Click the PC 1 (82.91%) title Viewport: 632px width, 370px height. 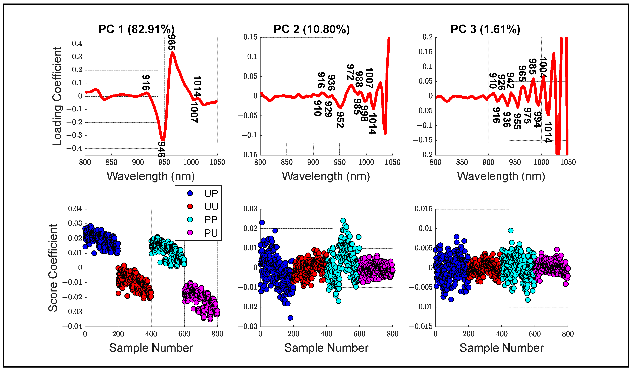pos(136,29)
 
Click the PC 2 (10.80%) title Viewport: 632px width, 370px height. pos(311,29)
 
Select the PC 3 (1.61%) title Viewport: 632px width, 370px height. pos(485,29)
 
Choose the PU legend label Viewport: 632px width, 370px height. pos(211,233)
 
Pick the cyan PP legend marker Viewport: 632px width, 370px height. pos(190,220)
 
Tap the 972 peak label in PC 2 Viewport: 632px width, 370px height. pos(350,72)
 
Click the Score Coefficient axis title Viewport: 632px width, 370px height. pos(53,268)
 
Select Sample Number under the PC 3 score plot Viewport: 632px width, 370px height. pos(501,348)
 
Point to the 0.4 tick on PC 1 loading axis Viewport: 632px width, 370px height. pos(77,44)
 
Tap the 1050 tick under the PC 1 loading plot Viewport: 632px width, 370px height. pos(217,162)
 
